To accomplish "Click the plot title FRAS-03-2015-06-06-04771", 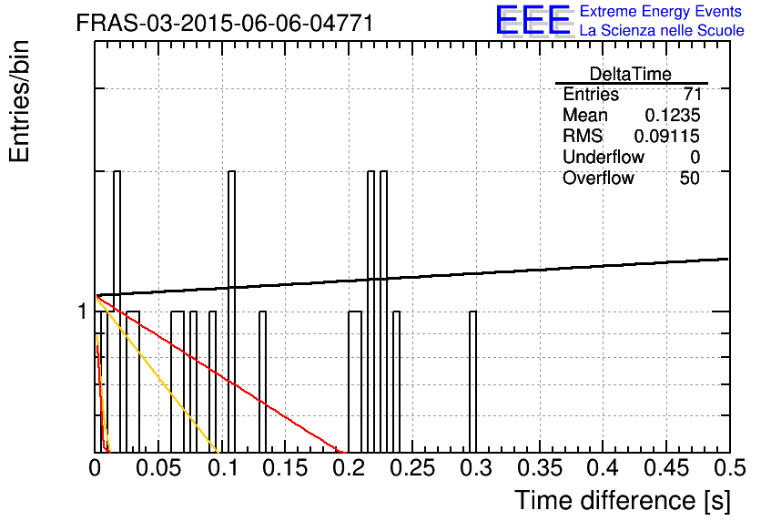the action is point(225,23).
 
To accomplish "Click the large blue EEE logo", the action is point(533,21).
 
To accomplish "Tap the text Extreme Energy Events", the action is point(661,11).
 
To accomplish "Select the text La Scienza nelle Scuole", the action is point(662,30).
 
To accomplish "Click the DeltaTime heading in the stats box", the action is point(631,74).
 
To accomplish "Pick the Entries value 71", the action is point(692,94).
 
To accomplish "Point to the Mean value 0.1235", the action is point(673,115).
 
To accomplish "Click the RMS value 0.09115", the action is point(667,136).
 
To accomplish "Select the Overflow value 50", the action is point(690,179).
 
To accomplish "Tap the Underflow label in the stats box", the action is point(604,157).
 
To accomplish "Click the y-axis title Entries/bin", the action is point(19,101).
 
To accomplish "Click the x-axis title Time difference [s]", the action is point(623,500).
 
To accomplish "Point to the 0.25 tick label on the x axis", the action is point(412,468).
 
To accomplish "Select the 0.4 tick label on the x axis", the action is point(603,468).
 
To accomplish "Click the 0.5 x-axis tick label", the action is point(729,468).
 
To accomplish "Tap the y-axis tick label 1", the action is point(82,312).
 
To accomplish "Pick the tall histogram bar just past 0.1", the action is point(231,312).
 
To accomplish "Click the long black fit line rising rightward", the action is point(412,277).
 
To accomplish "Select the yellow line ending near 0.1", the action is point(157,373).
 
